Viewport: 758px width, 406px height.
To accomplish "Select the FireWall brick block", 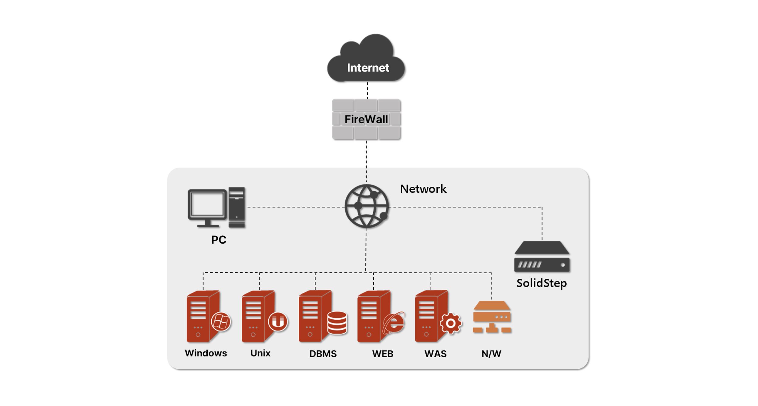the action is point(366,119).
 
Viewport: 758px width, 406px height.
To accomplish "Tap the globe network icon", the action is point(367,206).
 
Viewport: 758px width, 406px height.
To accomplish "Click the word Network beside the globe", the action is point(423,189).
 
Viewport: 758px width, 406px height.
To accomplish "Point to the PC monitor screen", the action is point(207,204).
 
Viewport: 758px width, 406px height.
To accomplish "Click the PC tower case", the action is point(236,207).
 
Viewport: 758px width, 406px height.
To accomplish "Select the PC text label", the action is point(219,240).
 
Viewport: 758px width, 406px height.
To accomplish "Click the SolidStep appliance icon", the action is point(542,256).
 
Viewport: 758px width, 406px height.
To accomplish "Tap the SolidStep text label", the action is point(542,283).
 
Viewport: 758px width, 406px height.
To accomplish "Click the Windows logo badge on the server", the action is point(221,321).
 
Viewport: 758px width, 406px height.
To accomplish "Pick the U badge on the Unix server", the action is point(278,321).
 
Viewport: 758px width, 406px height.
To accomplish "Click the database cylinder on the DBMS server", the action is point(337,323).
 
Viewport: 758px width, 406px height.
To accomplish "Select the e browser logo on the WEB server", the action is point(394,322).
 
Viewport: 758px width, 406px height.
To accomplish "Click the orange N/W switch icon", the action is point(492,317).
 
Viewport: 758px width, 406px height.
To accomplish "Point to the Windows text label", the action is point(206,353).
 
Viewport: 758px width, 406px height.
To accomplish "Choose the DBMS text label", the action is point(323,354).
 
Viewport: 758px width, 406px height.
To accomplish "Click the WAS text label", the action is point(435,354).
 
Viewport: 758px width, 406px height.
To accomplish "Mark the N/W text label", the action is point(491,354).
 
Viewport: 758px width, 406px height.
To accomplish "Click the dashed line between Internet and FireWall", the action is point(367,90).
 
